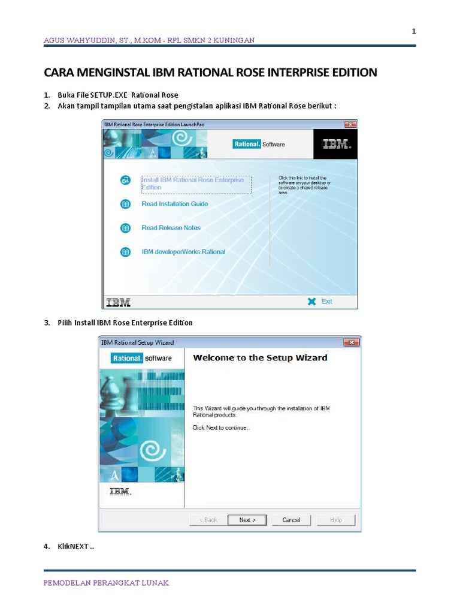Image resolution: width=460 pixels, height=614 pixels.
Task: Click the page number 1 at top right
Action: (414, 32)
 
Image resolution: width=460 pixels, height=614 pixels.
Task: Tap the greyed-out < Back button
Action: (208, 520)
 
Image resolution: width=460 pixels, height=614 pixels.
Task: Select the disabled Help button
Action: (336, 520)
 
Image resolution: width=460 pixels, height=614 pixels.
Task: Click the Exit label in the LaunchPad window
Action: (326, 302)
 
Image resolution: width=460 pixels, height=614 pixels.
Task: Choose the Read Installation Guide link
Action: (175, 204)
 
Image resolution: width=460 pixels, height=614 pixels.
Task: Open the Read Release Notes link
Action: (171, 228)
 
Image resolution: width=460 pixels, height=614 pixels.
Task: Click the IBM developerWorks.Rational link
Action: (183, 252)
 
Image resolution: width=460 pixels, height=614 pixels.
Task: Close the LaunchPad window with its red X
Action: (350, 124)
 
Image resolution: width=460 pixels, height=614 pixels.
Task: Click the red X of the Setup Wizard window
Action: (351, 342)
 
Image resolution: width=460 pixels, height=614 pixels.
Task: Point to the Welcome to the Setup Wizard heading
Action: (260, 358)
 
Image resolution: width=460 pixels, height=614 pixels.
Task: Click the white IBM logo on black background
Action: (335, 145)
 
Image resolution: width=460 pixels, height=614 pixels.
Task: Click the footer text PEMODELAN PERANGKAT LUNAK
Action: (106, 583)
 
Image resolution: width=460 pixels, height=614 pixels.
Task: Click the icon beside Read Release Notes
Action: (125, 228)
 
